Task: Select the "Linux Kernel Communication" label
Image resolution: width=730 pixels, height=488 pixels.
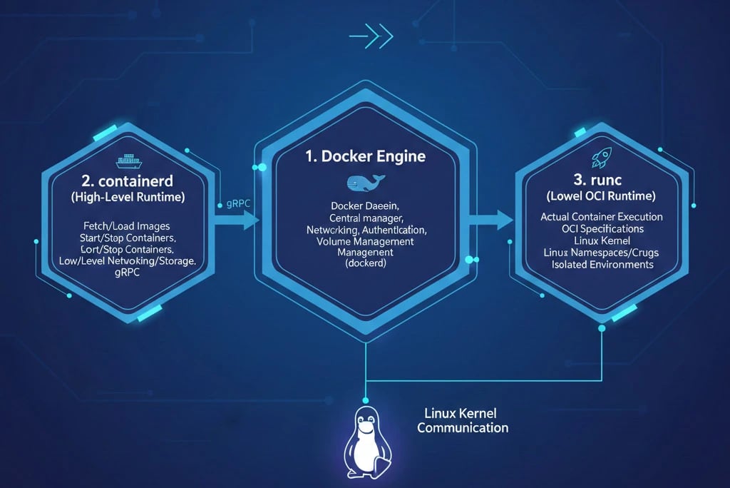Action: (x=462, y=420)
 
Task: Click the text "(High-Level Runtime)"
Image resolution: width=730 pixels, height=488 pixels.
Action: (x=128, y=198)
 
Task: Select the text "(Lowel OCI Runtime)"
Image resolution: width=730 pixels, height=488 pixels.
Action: (x=602, y=195)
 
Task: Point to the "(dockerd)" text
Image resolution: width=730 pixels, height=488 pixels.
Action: (x=365, y=264)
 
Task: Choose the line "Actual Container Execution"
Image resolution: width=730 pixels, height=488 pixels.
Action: (x=602, y=217)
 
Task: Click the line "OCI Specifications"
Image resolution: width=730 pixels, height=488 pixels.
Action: (x=602, y=229)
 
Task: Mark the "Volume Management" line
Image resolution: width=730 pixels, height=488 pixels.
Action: (x=365, y=242)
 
